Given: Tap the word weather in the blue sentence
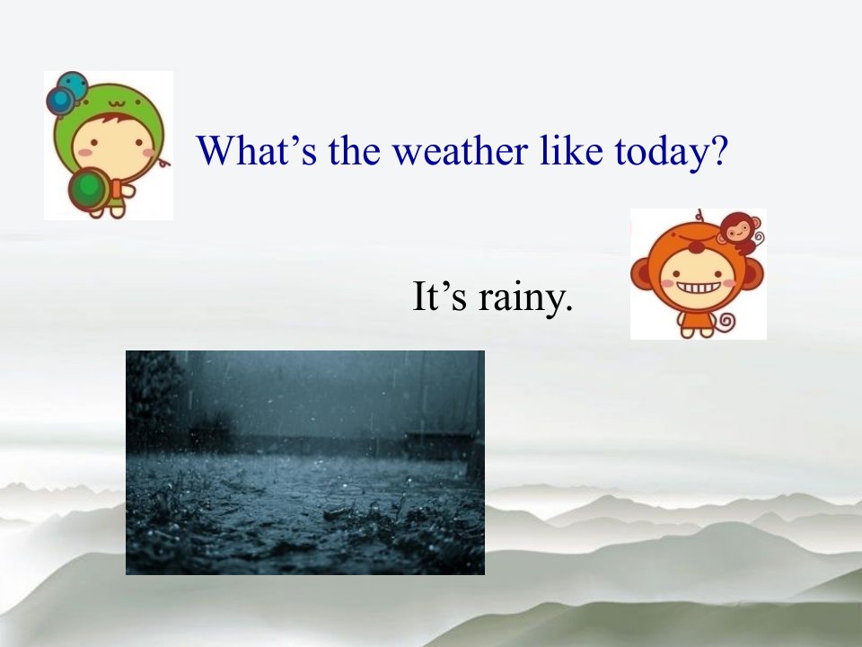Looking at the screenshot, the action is (460, 150).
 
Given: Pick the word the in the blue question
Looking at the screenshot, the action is (355, 150).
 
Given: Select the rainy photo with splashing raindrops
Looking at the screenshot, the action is (305, 463).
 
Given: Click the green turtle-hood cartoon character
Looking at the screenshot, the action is (108, 146).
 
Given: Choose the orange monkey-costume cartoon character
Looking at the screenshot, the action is (697, 274).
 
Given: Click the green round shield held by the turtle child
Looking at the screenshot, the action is (88, 188).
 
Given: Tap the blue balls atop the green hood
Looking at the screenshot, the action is (66, 92).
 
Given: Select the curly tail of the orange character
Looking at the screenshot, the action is (726, 321).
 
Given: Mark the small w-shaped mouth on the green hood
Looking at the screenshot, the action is (116, 102).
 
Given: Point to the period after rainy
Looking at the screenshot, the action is (568, 308).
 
